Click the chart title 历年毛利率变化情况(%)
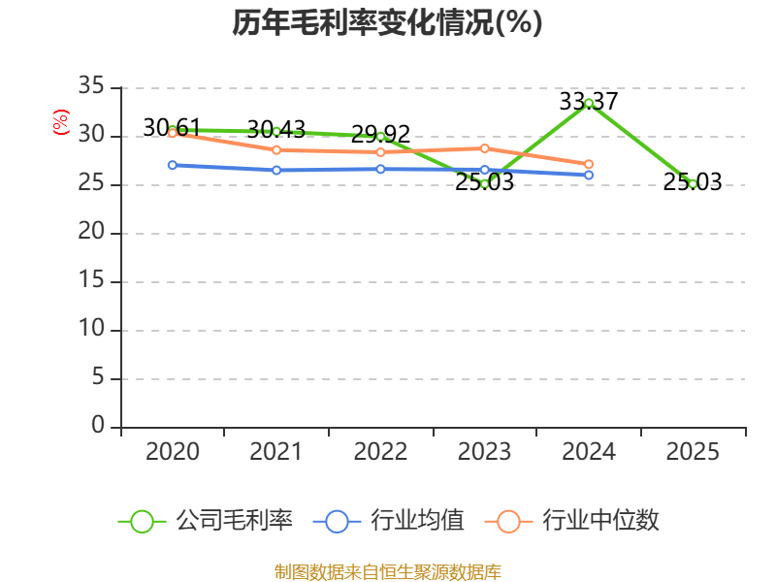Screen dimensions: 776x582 [387, 22]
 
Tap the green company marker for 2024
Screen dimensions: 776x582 [589, 104]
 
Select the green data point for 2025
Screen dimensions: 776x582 [693, 184]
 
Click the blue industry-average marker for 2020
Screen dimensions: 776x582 [173, 165]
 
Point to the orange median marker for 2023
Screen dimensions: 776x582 [484, 148]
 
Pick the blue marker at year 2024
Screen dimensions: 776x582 [589, 175]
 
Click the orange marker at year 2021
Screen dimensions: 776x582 [276, 150]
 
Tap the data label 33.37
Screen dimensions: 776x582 [589, 102]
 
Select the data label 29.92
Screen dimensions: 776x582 [380, 134]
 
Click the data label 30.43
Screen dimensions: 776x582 [276, 130]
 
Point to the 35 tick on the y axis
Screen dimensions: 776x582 [91, 85]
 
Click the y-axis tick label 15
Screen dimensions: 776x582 [91, 280]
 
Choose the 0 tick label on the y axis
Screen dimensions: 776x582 [98, 425]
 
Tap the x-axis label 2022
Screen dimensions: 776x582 [380, 451]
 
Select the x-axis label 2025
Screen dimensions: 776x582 [693, 451]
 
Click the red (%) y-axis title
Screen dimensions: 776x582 [61, 122]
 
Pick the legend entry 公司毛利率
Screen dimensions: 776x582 [206, 521]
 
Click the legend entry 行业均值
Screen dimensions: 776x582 [389, 521]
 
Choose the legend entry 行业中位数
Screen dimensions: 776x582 [571, 521]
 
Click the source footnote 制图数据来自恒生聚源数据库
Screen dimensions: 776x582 [387, 572]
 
